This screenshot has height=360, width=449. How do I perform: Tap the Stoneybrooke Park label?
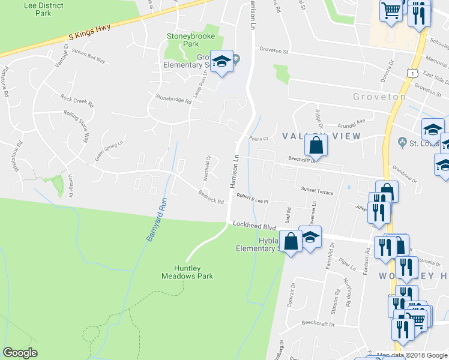tap(190, 40)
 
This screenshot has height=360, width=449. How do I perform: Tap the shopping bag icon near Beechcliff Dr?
tap(316, 145)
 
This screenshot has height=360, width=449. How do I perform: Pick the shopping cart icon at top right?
tap(391, 10)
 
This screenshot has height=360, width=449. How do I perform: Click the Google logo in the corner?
tap(20, 353)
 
